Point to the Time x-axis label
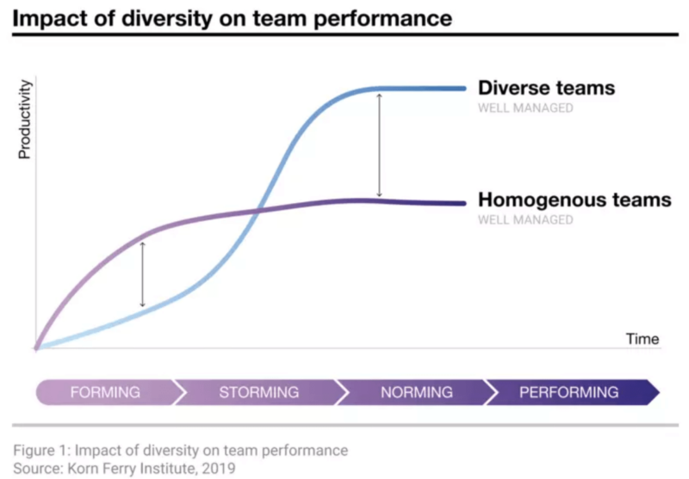click(x=642, y=338)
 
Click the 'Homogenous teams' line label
click(x=574, y=200)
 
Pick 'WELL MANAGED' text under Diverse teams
click(x=525, y=108)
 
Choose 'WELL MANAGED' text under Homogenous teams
click(x=525, y=220)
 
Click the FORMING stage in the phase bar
click(x=105, y=392)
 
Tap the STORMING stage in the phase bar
click(x=258, y=392)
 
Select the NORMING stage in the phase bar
click(x=416, y=392)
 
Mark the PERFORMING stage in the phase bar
click(x=568, y=392)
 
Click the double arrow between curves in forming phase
click(x=143, y=274)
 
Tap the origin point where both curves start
click(x=36, y=348)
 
